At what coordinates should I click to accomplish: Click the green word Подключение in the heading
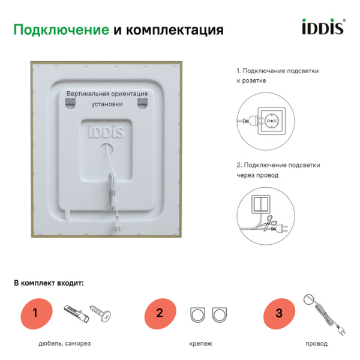[x=61, y=29]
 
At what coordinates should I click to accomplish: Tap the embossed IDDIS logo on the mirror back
[x=107, y=130]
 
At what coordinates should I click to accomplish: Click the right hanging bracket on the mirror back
[x=142, y=105]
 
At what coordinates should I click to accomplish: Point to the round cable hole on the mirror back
[x=107, y=147]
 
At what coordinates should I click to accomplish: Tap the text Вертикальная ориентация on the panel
[x=107, y=94]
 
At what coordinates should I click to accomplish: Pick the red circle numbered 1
[x=35, y=313]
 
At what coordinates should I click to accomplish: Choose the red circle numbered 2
[x=159, y=313]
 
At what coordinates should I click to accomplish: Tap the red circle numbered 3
[x=278, y=313]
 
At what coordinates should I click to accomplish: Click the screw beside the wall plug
[x=101, y=313]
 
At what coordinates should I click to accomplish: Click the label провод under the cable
[x=316, y=343]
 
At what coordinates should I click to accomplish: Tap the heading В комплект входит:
[x=49, y=282]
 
